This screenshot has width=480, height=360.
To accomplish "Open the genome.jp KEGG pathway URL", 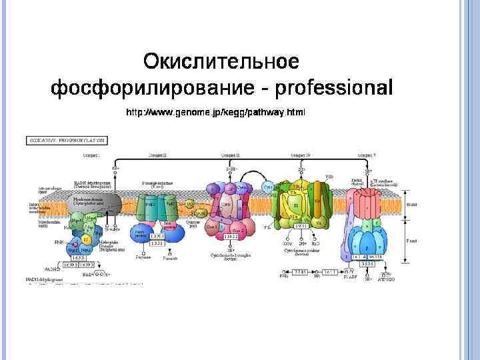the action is (x=216, y=113).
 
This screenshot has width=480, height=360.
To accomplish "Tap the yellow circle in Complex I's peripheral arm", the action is (x=85, y=239).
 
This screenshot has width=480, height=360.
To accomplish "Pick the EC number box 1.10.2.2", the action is (x=231, y=237).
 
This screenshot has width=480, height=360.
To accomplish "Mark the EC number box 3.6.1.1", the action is (x=331, y=273).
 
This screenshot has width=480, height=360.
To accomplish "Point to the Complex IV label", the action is (x=301, y=155).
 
